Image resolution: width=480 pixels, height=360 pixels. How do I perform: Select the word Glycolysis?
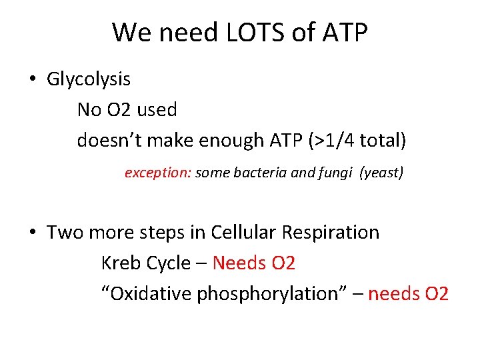(89, 79)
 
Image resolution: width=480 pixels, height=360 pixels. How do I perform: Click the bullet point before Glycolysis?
(32, 79)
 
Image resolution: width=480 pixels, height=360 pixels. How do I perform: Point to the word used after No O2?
(157, 109)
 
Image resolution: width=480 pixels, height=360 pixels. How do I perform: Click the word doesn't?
(108, 140)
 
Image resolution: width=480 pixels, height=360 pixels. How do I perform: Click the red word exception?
(158, 173)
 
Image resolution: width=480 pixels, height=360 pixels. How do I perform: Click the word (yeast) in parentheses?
(381, 173)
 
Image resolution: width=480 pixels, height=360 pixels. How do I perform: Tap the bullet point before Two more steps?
(32, 233)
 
